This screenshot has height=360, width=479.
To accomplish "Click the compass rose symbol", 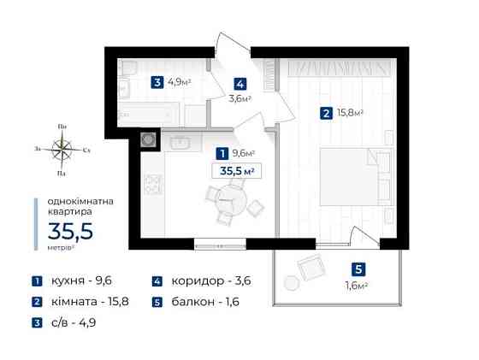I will coord(62,150).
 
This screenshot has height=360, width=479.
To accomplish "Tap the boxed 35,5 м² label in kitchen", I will coord(235,170).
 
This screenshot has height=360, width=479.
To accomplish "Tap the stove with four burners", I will coord(153,184).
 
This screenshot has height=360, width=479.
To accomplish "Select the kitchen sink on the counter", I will coord(180,143).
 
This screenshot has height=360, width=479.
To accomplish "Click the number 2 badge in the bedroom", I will coord(327,112).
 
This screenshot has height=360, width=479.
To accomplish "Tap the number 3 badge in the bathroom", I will coord(157,83).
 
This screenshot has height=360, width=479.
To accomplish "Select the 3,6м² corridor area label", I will coord(240,98).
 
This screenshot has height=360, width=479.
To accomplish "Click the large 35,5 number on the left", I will coord(59,231).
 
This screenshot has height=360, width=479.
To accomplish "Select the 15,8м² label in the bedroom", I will coord(352,112).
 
